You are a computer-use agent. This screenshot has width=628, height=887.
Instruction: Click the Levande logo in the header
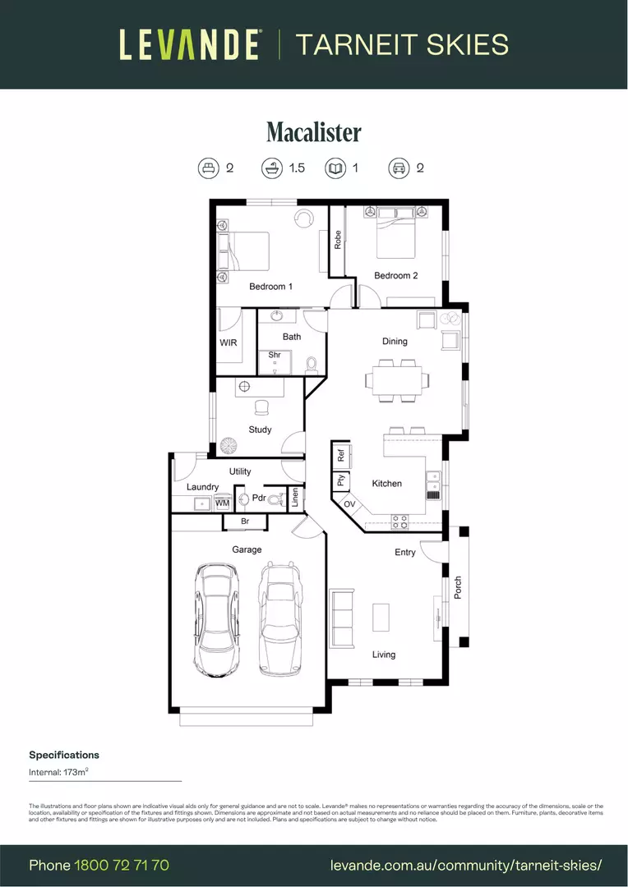(x=191, y=44)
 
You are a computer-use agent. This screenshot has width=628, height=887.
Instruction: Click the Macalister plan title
(x=313, y=132)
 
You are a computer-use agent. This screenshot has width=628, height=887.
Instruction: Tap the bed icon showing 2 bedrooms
(x=209, y=168)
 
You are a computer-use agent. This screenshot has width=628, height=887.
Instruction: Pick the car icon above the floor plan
(x=399, y=168)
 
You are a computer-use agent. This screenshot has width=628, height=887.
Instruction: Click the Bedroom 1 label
(x=270, y=287)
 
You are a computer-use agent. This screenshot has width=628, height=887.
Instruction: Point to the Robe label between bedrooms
(x=337, y=240)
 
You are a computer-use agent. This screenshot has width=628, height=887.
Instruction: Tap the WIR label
(x=229, y=342)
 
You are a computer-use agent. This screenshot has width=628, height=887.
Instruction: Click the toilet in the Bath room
(x=312, y=364)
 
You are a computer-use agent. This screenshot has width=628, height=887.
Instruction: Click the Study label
(x=260, y=430)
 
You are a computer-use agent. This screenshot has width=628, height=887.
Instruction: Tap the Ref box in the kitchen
(x=339, y=454)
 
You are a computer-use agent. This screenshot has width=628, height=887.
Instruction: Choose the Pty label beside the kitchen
(x=339, y=481)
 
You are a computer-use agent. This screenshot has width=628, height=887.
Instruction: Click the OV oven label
(x=349, y=503)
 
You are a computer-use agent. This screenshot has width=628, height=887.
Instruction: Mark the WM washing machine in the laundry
(x=222, y=503)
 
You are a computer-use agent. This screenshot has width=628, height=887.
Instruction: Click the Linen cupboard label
(x=296, y=499)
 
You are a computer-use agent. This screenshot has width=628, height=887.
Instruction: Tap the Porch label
(x=458, y=586)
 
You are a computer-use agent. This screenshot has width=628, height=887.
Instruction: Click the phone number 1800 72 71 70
(x=122, y=865)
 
